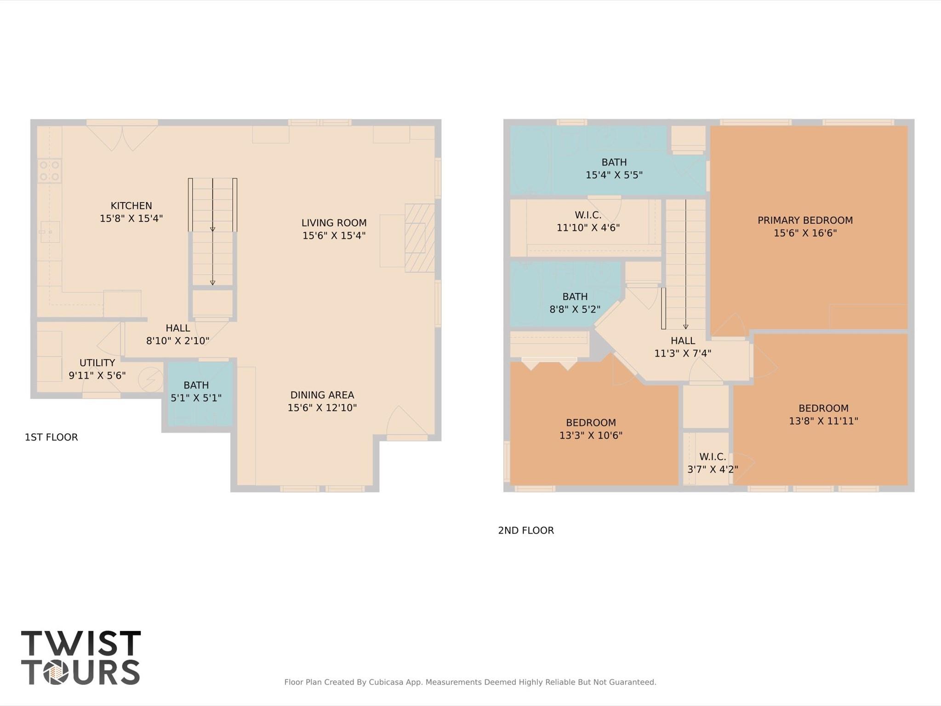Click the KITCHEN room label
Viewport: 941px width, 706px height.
(x=131, y=206)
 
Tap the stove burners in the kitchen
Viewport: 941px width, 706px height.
(x=49, y=171)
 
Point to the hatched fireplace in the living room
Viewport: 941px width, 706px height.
(x=419, y=238)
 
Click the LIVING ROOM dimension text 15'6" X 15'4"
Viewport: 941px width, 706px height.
(x=334, y=235)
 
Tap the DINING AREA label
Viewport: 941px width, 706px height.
(x=322, y=395)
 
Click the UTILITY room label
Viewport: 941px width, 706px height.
(x=97, y=363)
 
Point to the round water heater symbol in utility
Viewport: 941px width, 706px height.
(x=150, y=379)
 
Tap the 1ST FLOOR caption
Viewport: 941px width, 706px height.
(x=51, y=437)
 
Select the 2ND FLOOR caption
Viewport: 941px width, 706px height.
(x=526, y=530)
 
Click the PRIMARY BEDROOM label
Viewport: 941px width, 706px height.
(x=805, y=220)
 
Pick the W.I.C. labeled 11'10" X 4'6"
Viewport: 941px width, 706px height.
(x=588, y=222)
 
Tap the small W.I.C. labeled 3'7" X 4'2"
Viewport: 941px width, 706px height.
(x=713, y=463)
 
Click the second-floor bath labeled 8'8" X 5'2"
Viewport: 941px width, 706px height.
(x=575, y=303)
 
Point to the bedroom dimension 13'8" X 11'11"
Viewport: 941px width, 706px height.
(x=823, y=421)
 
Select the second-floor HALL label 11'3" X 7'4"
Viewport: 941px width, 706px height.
(x=683, y=347)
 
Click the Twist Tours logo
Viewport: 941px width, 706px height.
(x=80, y=657)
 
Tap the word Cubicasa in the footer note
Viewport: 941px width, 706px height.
(x=386, y=682)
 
